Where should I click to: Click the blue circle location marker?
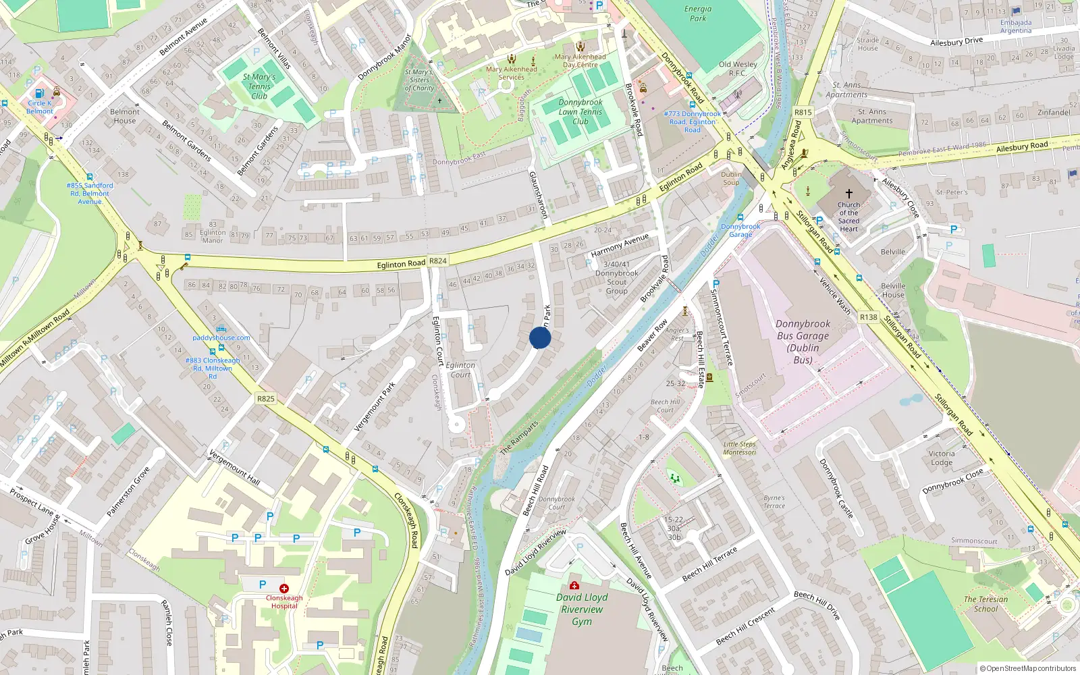coord(540,337)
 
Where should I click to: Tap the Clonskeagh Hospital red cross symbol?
coord(284,589)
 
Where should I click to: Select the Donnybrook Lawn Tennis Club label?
coord(580,112)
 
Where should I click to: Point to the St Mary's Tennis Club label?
coord(259,86)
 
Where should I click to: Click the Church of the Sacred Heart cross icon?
coord(848,193)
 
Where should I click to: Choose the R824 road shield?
coord(438,261)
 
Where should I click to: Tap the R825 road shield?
coord(266,399)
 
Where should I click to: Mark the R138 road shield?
coord(869,317)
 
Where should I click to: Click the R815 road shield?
coord(803,113)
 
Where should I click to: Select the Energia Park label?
coord(698,13)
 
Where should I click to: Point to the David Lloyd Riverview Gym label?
coord(582,610)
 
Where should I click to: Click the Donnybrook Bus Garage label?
coord(803,342)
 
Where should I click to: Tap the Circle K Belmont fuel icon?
coord(39,93)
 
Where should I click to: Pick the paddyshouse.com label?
coord(221,337)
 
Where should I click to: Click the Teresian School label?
coord(986,603)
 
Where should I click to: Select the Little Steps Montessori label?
coord(740,448)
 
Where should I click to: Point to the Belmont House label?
coord(125,116)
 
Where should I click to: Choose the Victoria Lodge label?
coord(942,458)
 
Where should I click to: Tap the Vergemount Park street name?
coord(375,406)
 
